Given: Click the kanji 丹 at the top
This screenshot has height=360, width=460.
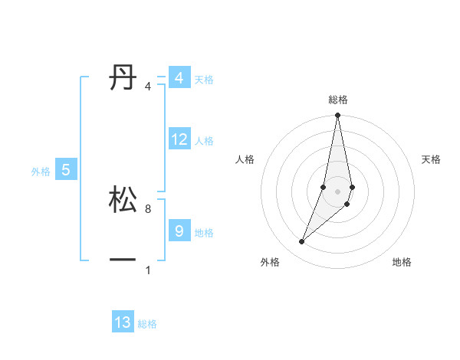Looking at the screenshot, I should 123,77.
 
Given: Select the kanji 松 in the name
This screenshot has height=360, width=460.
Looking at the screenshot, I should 123,200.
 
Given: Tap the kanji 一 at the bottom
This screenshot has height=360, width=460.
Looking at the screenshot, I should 123,260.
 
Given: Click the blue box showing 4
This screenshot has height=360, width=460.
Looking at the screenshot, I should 179,78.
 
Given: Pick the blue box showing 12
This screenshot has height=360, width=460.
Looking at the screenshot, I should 179,139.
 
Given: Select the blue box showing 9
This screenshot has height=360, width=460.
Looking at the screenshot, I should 179,230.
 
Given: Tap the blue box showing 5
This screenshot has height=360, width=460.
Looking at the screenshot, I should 66,170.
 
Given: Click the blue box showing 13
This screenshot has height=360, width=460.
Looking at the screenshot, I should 123,322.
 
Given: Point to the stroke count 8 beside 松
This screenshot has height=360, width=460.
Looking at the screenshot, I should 148,208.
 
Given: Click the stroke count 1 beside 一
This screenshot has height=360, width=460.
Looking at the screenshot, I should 148,270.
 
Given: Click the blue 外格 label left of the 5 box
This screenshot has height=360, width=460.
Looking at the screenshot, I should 41,172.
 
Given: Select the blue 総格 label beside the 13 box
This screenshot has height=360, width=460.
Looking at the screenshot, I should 147,324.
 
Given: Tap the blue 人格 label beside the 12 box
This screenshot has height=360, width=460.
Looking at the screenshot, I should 204,141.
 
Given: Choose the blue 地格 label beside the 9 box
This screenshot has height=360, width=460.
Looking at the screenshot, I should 204,232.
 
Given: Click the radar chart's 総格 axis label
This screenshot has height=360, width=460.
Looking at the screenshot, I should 337,100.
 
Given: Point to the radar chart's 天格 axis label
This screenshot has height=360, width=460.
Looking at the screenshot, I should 431,159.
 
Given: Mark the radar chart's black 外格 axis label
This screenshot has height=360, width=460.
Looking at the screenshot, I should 269,262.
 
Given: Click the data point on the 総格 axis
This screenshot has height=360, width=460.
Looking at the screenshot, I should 337,116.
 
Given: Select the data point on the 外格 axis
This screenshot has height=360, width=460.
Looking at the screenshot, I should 301,242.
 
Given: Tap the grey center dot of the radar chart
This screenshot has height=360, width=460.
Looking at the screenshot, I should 337,191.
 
